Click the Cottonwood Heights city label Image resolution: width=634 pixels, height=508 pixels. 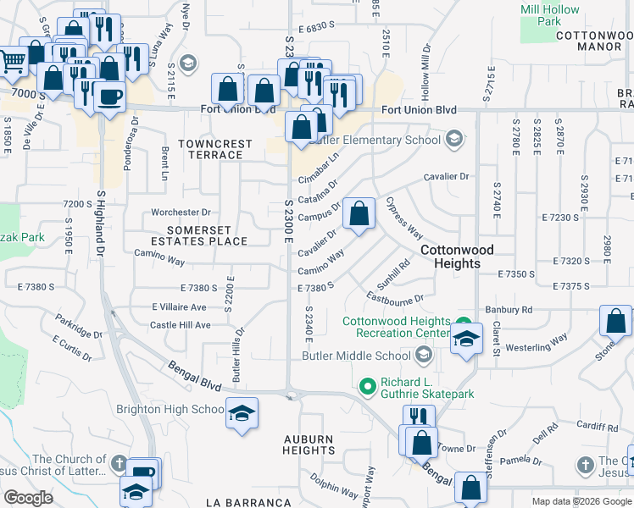[x=462, y=257]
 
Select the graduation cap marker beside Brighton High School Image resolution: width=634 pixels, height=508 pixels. [x=242, y=414]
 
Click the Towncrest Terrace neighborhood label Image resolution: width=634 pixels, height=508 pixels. [x=215, y=150]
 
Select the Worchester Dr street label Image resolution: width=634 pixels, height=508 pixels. [x=181, y=213]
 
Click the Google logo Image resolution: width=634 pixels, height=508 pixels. [x=28, y=498]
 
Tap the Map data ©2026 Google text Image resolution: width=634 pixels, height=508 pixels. [x=581, y=501]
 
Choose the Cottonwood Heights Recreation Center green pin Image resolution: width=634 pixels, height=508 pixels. [x=463, y=323]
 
